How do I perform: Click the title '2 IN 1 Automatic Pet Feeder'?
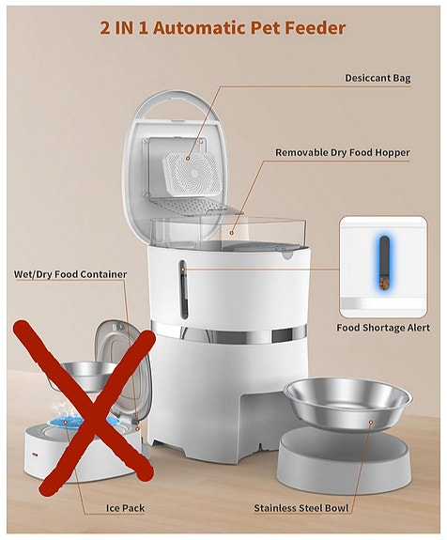(223, 27)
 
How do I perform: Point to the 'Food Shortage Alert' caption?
(382, 328)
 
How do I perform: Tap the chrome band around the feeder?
(225, 331)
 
